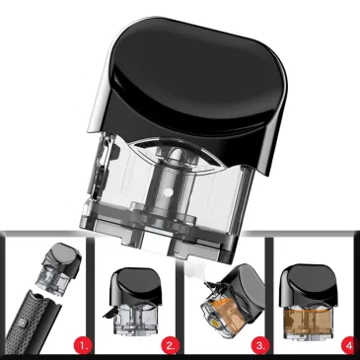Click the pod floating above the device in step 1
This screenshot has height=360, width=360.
[62, 268]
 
